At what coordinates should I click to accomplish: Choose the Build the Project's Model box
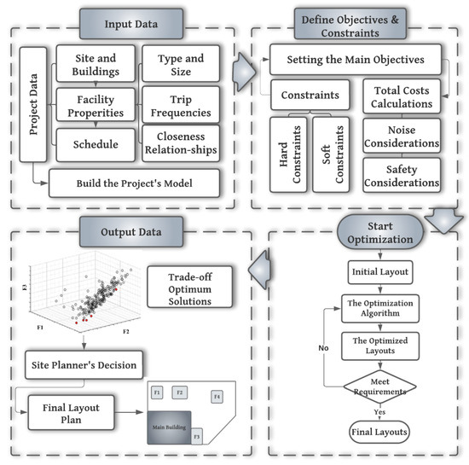pos(134,182)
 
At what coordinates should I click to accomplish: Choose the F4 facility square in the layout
pos(217,396)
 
